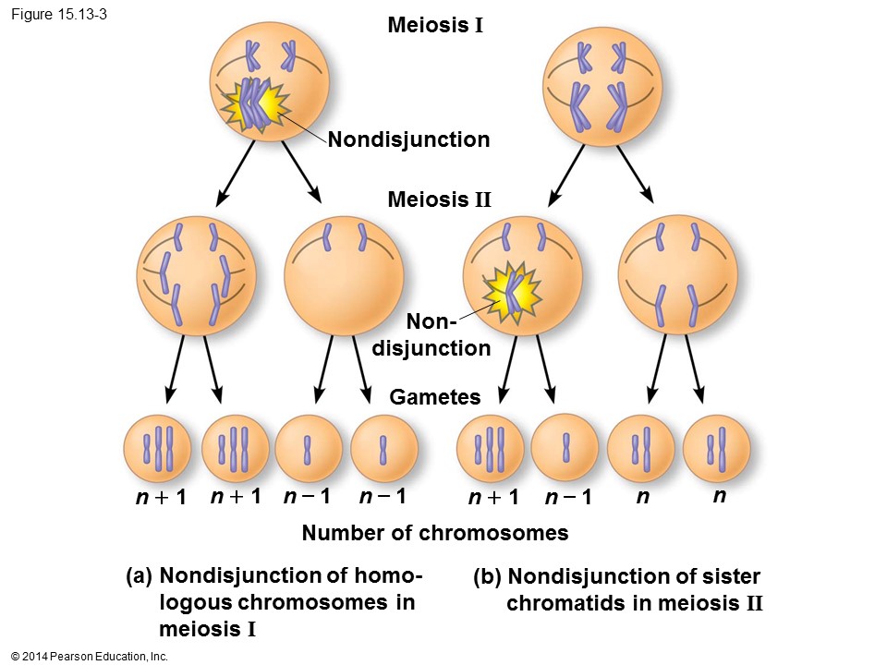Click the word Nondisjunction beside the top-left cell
[x=408, y=140]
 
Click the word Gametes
[x=435, y=397]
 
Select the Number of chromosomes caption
[x=434, y=533]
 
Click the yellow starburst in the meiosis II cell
[x=510, y=291]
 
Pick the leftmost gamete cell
[x=157, y=448]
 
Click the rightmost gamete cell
[x=716, y=448]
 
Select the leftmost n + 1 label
[x=161, y=498]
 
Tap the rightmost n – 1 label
[x=567, y=498]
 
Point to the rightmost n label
[x=718, y=496]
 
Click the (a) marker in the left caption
[x=139, y=576]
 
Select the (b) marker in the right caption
[x=487, y=578]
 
